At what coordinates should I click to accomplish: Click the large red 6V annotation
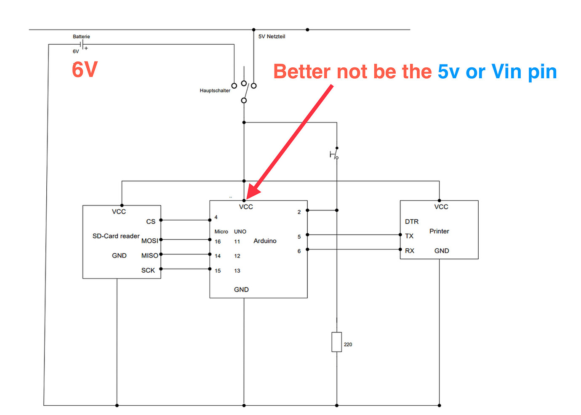pos(85,69)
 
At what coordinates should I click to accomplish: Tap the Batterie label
pos(81,37)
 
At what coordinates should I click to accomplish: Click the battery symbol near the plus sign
pos(83,45)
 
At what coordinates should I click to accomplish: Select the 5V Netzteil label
pos(272,37)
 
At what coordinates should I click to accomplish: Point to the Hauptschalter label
pos(215,90)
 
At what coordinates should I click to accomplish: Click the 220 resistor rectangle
pos(336,342)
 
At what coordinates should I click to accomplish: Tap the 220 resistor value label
pos(348,344)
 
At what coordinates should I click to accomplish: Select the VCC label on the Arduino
pos(246,207)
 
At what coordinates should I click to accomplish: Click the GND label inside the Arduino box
pos(241,290)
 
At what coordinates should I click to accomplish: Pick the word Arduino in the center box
pos(265,241)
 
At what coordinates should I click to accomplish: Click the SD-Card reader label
pos(116,236)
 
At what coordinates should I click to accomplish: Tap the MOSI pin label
pos(149,241)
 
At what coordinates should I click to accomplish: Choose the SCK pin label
pos(148,270)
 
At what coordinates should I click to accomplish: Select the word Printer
pos(439,231)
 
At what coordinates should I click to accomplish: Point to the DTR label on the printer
pos(412,221)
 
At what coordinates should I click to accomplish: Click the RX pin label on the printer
pos(410,250)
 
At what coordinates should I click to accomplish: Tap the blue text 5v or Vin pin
pos(497,72)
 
